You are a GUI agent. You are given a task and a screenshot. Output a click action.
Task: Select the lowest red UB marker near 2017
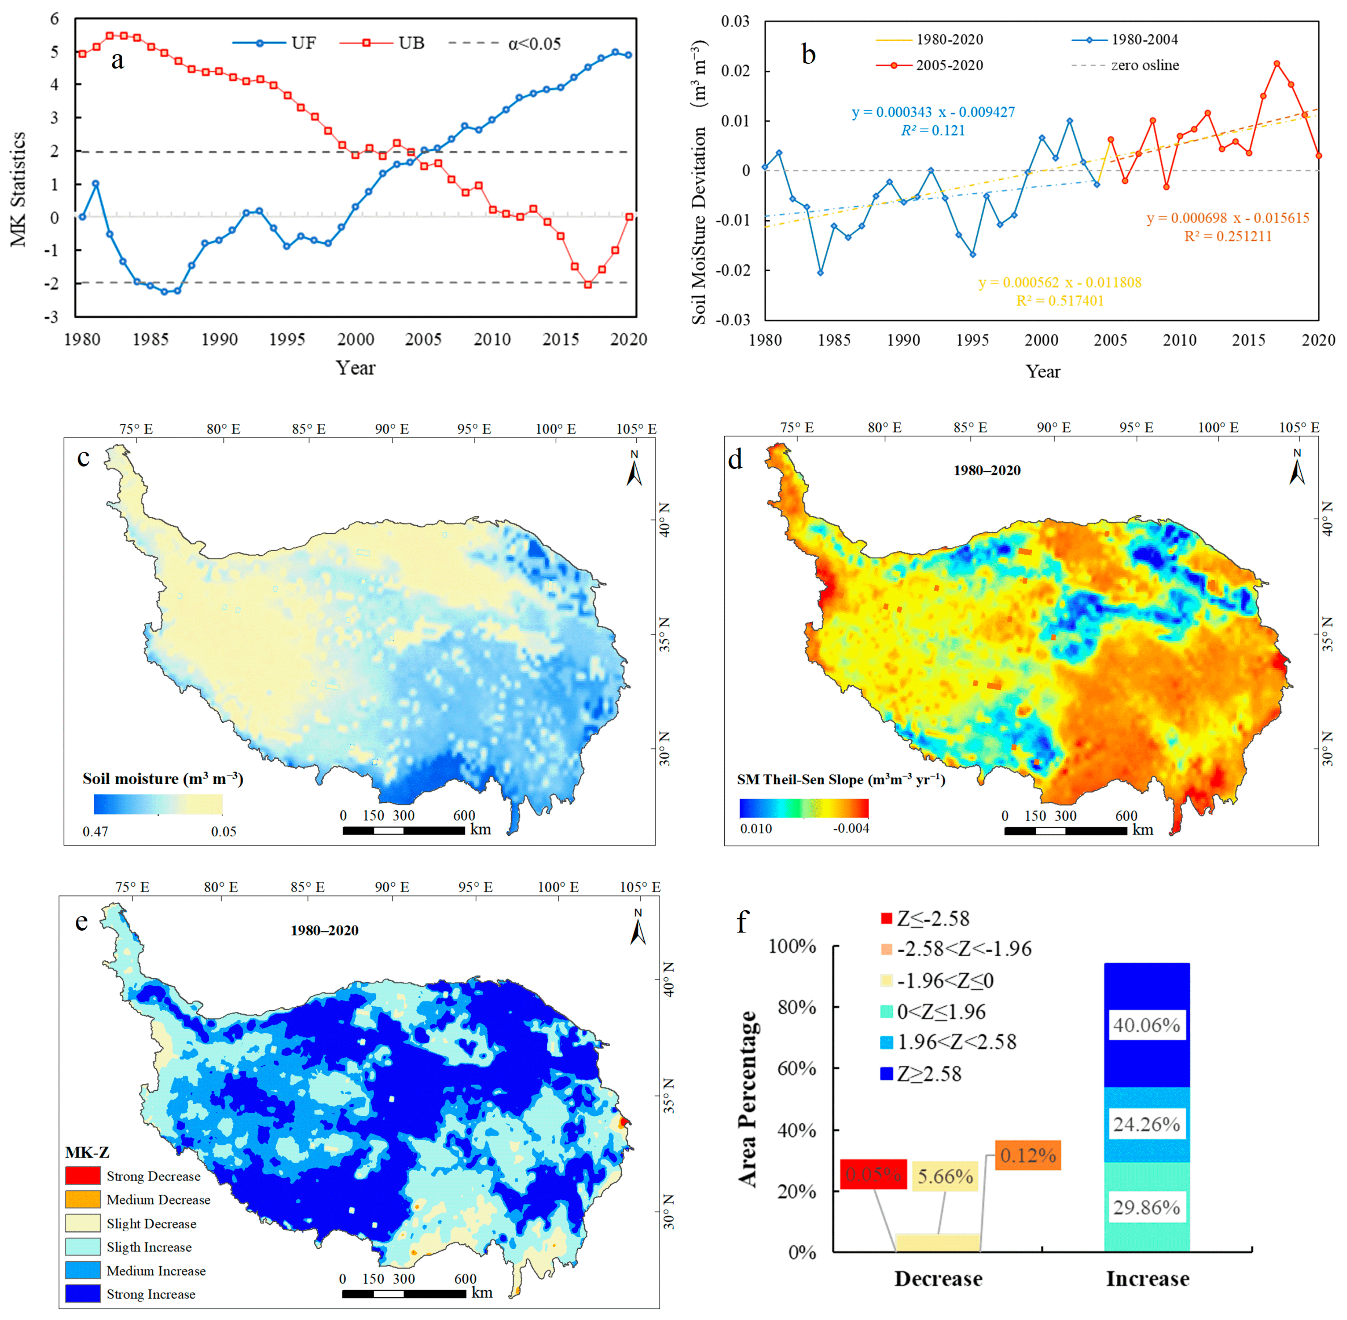tap(588, 284)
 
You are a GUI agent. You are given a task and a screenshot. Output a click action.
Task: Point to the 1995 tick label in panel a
tap(287, 339)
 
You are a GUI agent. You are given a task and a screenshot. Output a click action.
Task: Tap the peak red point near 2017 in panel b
tap(1276, 64)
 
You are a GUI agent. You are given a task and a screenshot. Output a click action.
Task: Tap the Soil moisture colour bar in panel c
tap(158, 804)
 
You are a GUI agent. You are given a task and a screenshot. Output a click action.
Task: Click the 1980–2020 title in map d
tap(987, 470)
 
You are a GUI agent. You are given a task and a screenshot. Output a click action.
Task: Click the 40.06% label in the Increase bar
tap(1146, 1025)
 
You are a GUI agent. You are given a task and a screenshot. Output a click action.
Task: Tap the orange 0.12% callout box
tap(1028, 1156)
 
